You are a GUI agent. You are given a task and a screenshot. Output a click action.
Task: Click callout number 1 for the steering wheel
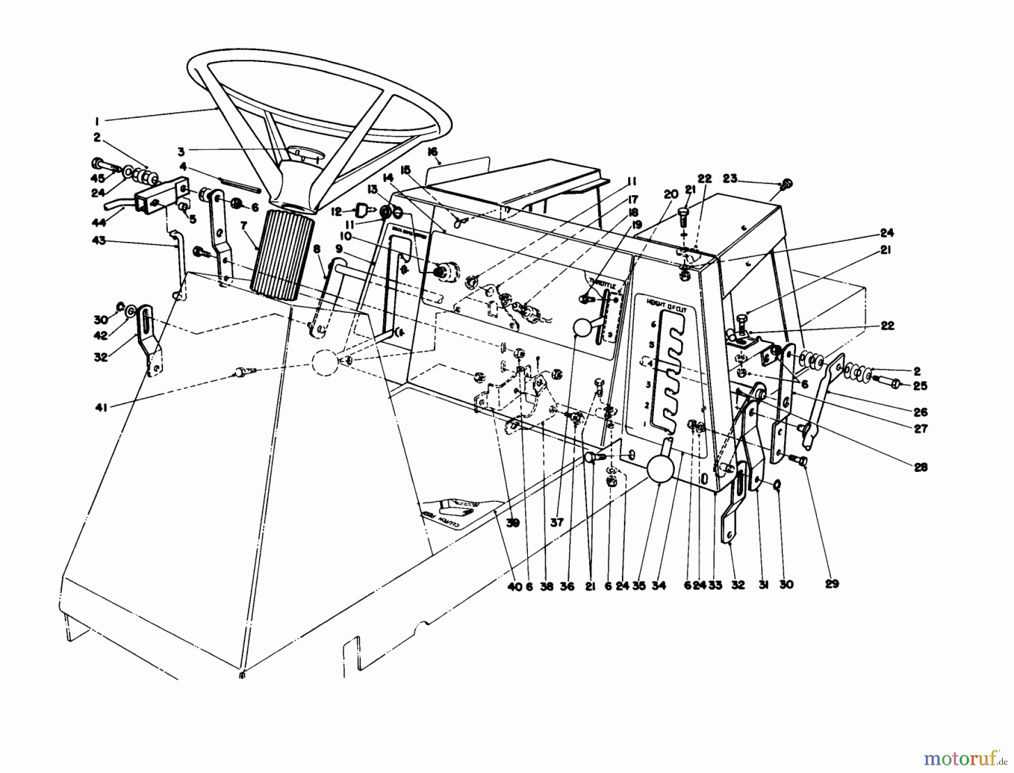coord(97,120)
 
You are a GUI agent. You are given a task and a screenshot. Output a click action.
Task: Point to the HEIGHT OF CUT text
coord(664,303)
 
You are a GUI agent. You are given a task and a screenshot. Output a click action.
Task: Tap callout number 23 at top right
coord(730,179)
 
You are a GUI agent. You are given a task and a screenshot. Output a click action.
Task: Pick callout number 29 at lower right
coord(831,584)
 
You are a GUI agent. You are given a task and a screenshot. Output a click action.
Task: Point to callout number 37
coord(557,523)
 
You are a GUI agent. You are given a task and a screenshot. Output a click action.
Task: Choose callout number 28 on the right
coord(920,467)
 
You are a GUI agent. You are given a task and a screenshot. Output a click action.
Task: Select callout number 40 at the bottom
coord(514,586)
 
